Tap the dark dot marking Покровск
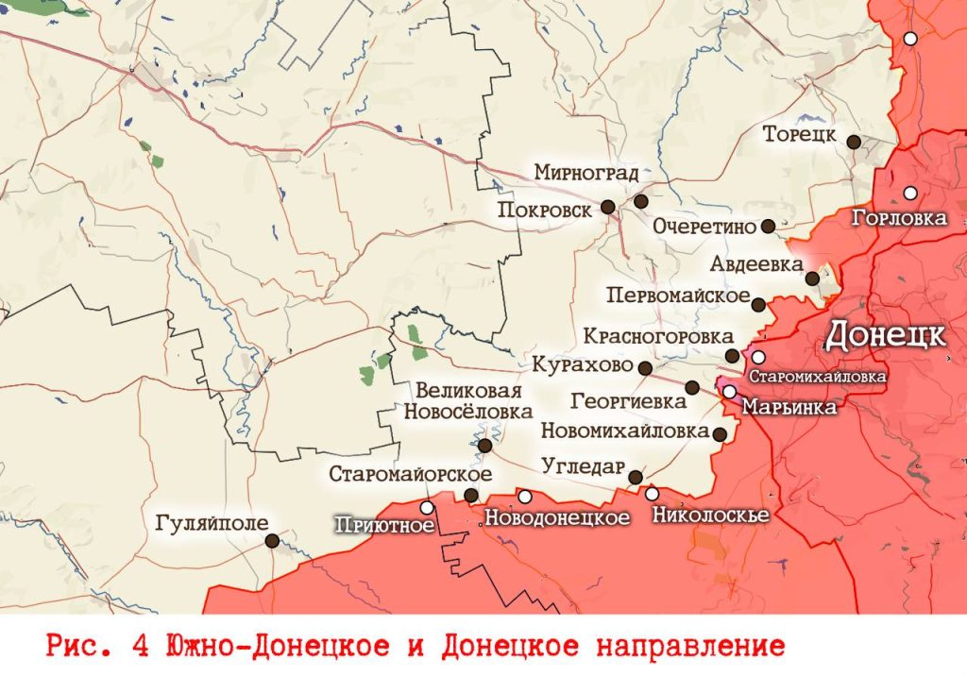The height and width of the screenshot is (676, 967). click(609, 209)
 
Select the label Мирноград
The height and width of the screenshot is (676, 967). click(585, 173)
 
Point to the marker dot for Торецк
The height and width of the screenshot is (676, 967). click(854, 142)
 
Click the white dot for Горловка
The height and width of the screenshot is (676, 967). click(910, 193)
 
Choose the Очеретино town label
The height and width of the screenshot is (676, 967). click(704, 227)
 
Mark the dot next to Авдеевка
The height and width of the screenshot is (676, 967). click(812, 279)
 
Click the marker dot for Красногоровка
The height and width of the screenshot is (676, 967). click(733, 356)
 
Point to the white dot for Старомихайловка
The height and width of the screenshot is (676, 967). click(758, 358)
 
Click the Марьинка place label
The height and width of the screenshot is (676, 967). click(789, 408)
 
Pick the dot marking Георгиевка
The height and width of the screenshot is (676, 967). click(692, 387)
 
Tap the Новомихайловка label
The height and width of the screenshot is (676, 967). click(625, 431)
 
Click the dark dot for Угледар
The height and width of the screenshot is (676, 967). click(636, 478)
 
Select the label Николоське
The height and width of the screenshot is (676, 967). click(710, 515)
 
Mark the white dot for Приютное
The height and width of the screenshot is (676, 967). click(427, 508)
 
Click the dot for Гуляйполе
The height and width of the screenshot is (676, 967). click(272, 541)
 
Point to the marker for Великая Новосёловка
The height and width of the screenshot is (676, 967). click(484, 446)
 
